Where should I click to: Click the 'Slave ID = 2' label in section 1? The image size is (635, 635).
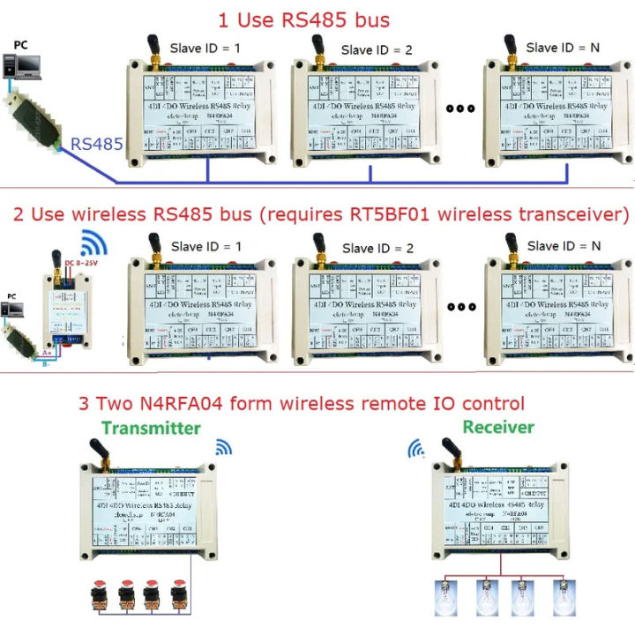point(377,50)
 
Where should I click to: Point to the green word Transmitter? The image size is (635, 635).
point(149,429)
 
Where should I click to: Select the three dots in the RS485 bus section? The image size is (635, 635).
point(459,109)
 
